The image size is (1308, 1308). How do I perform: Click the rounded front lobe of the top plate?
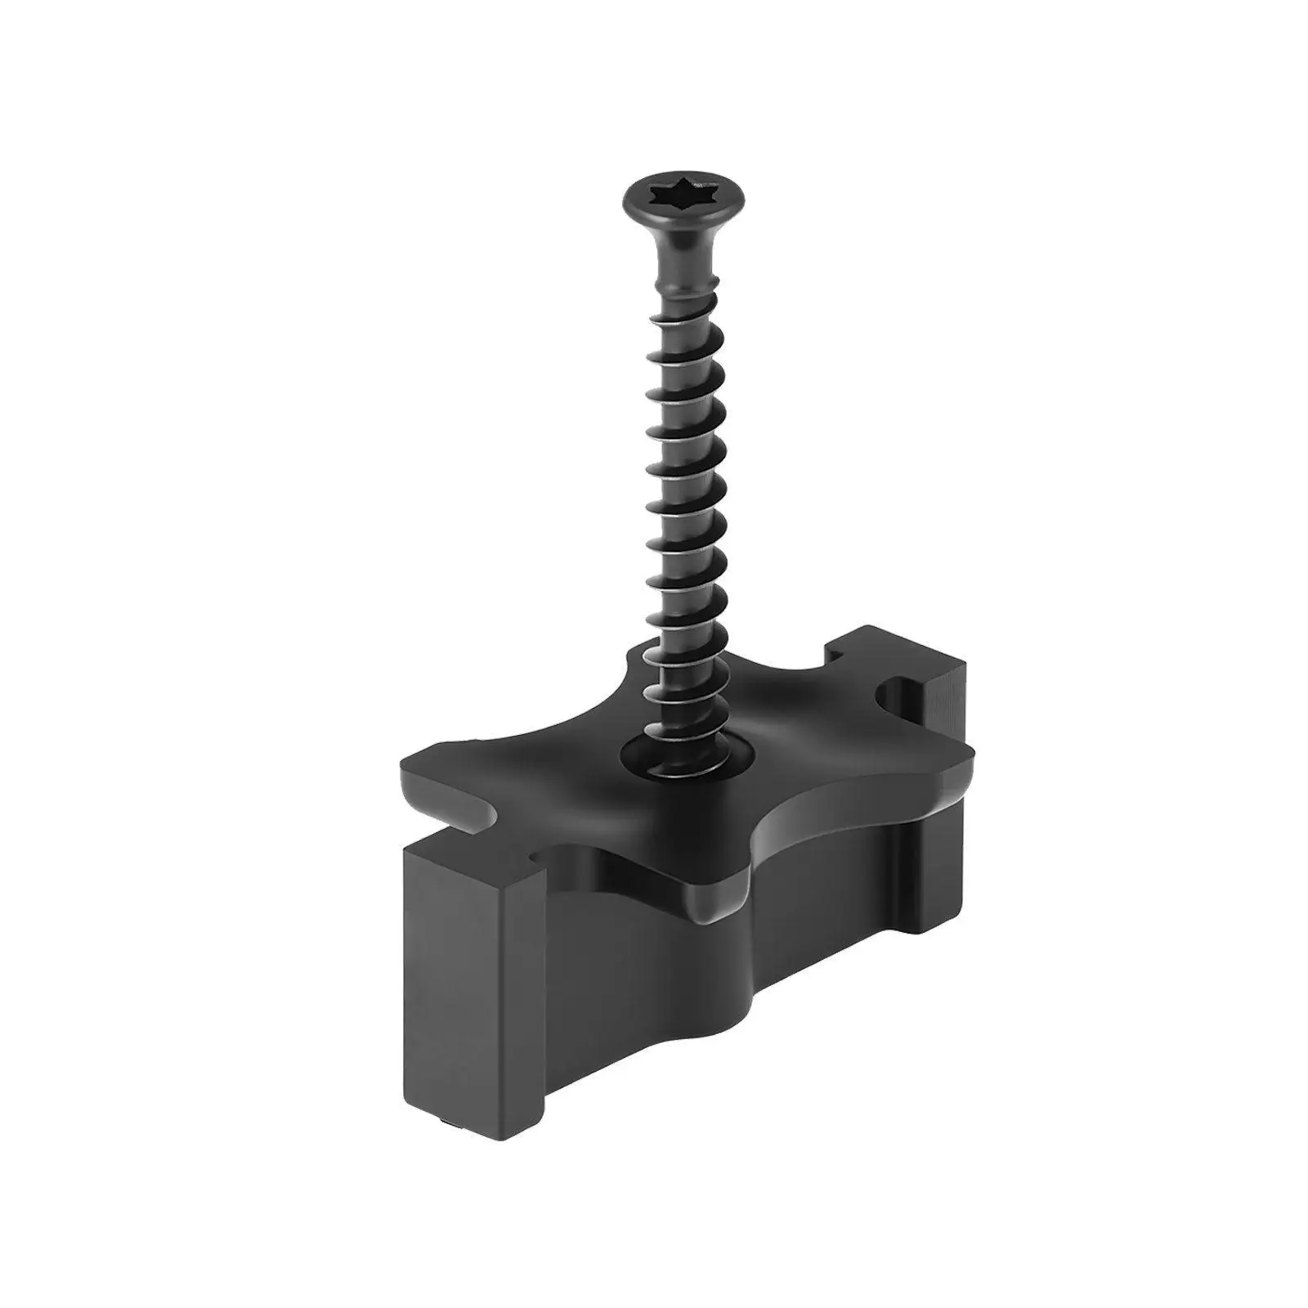(x=719, y=899)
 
